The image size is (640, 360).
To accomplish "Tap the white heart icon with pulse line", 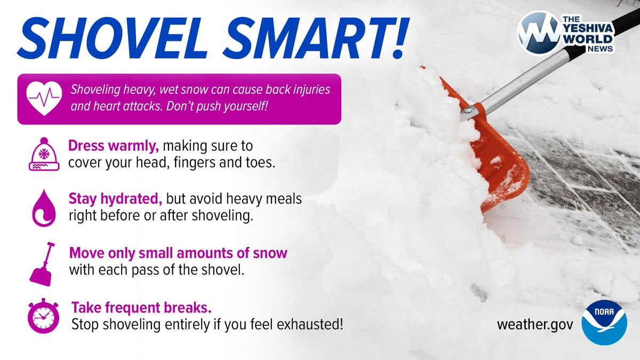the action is [44, 98].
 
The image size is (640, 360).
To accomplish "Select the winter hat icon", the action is [44, 154].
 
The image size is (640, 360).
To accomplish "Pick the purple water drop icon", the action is [44, 208].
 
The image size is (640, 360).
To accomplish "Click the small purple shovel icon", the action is [42, 264].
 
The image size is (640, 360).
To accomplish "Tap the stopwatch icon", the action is [43, 316].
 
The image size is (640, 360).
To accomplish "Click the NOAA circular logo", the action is [604, 323].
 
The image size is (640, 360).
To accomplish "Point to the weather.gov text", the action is [535, 325].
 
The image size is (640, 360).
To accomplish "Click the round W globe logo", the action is [539, 33].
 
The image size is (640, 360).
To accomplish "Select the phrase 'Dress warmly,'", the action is [114, 146].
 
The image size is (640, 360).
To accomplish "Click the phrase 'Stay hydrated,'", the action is [115, 199].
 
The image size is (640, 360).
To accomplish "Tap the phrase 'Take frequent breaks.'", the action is [141, 308].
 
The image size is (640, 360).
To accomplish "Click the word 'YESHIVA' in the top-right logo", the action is [588, 28].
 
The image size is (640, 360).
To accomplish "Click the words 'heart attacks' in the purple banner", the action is [126, 106].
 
